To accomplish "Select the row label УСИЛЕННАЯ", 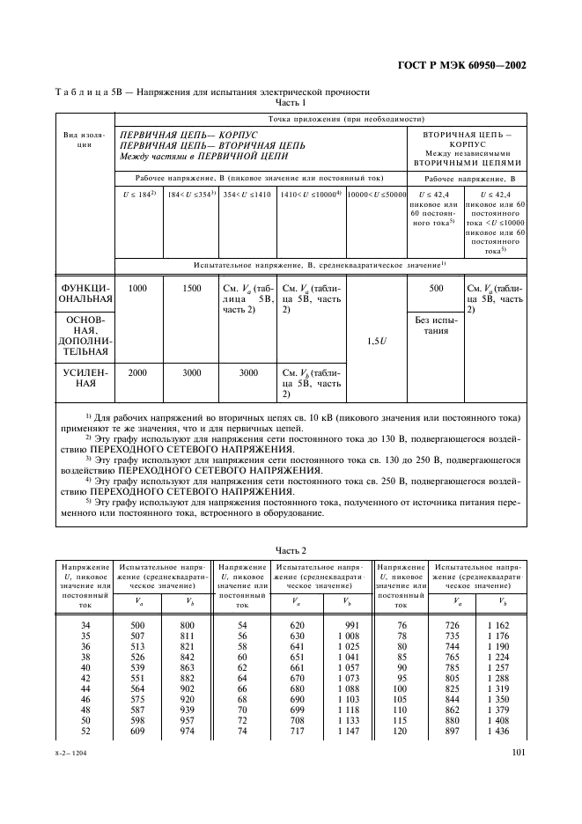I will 85,379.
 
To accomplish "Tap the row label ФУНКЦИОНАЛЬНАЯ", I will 85,295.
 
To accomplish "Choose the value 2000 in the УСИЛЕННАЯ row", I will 137,372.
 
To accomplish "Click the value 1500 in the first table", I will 192,289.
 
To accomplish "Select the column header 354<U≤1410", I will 247,192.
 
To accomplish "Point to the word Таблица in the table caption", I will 80,92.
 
